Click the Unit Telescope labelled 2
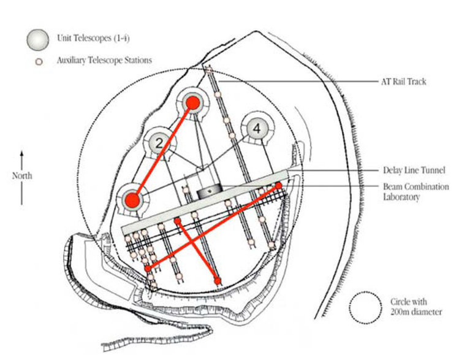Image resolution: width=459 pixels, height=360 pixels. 158,144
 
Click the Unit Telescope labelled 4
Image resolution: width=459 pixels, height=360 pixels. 257,128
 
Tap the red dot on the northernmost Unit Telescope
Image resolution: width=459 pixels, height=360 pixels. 192,103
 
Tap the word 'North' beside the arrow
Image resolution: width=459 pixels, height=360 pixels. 22,175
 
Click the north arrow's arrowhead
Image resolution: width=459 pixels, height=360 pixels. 22,153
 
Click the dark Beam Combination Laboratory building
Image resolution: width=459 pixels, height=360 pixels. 209,193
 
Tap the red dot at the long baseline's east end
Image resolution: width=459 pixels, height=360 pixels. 278,185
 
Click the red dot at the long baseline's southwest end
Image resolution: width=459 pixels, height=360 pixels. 148,269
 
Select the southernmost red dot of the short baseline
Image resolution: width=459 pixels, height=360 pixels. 218,280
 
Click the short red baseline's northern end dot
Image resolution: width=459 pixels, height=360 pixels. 177,220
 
